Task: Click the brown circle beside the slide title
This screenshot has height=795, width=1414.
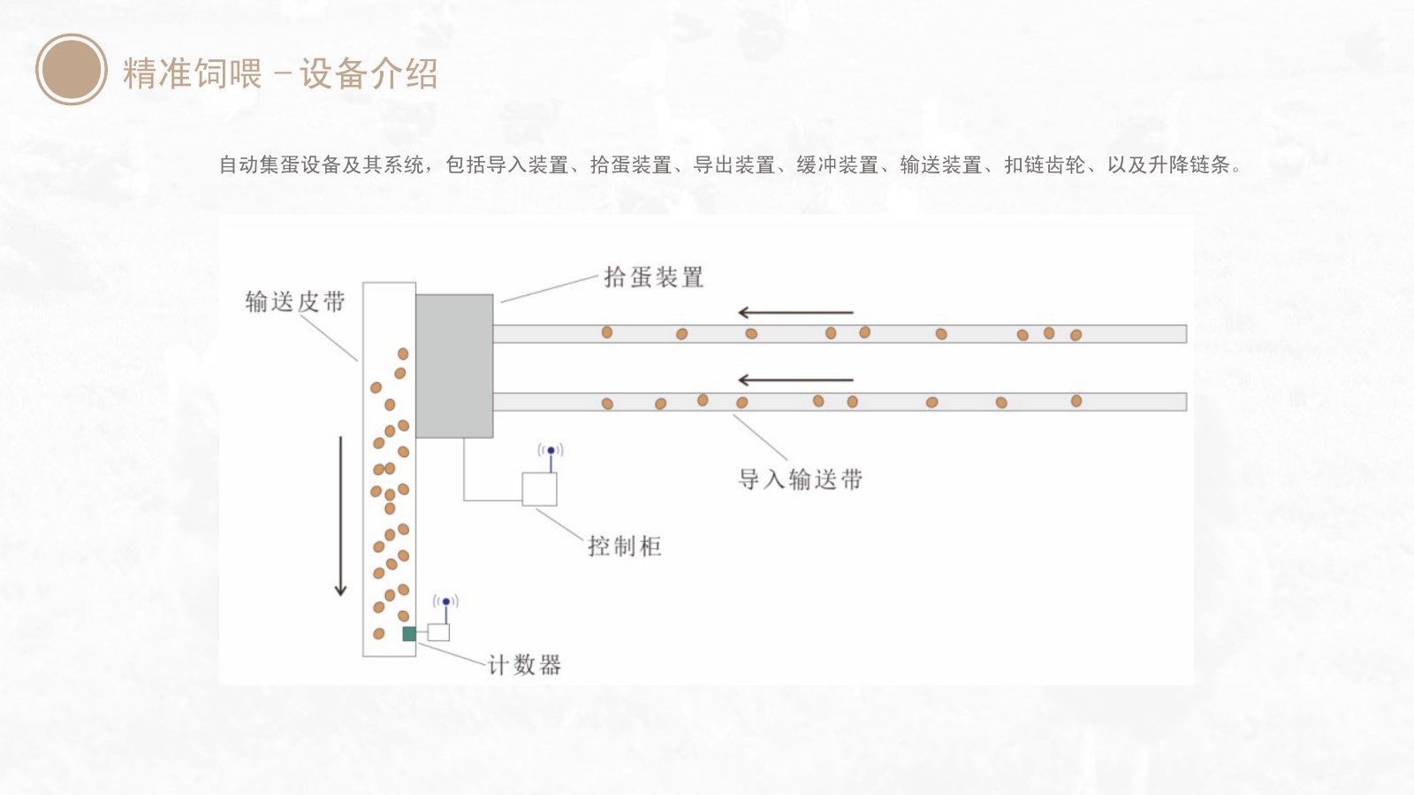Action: pyautogui.click(x=72, y=70)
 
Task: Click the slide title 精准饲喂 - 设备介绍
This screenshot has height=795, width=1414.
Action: pyautogui.click(x=280, y=73)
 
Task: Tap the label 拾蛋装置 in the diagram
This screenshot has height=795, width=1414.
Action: pyautogui.click(x=653, y=278)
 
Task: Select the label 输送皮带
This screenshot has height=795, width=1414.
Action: pyautogui.click(x=295, y=302)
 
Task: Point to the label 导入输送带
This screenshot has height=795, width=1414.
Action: pyautogui.click(x=800, y=480)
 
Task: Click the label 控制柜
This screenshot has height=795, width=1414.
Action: pyautogui.click(x=625, y=547)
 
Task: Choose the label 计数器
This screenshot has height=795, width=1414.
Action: pyautogui.click(x=524, y=665)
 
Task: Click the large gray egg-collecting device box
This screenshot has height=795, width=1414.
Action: pyautogui.click(x=454, y=366)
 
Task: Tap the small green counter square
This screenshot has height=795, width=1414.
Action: pyautogui.click(x=409, y=633)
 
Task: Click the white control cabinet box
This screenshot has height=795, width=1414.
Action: pyautogui.click(x=539, y=489)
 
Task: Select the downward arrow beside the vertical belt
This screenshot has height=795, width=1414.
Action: pyautogui.click(x=341, y=516)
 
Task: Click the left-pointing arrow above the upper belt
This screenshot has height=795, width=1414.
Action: pyautogui.click(x=795, y=312)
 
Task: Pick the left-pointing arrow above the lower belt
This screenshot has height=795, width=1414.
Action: pyautogui.click(x=795, y=380)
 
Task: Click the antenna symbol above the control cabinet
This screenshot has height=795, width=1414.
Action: pyautogui.click(x=551, y=452)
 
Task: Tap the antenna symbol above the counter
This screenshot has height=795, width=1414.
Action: pyautogui.click(x=445, y=604)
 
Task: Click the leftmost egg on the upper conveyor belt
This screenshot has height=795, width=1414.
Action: pyautogui.click(x=607, y=333)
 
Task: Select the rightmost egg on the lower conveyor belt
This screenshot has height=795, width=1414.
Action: pyautogui.click(x=1076, y=401)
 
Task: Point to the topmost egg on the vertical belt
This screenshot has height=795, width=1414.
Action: pyautogui.click(x=403, y=354)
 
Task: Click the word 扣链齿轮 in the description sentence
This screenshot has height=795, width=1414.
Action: pyautogui.click(x=1045, y=165)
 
